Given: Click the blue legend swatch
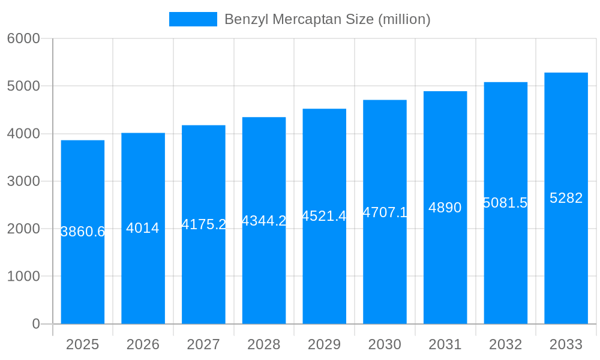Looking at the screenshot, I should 193,19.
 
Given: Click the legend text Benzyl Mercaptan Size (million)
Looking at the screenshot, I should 327,19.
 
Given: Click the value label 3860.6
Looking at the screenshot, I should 83,232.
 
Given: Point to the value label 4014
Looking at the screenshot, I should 143,228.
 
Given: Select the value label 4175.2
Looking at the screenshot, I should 203,224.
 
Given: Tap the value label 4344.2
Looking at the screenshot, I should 264,221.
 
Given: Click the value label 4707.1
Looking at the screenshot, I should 385,212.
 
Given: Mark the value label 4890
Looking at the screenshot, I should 445,208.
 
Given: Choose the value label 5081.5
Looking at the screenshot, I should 505,203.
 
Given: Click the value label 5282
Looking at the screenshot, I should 566,198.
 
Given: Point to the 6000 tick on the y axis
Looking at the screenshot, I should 23,38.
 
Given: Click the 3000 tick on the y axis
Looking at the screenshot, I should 23,181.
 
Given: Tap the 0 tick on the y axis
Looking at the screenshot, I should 35,324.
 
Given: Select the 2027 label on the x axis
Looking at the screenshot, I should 203,344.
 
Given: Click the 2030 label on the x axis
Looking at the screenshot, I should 385,344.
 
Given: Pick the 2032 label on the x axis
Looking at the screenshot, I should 505,344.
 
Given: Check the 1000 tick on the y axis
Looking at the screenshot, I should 23,277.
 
